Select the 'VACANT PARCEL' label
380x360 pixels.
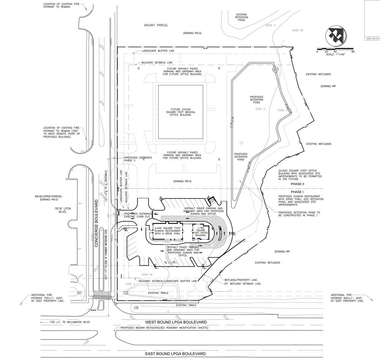pos(156,25)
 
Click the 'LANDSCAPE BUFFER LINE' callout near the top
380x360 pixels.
pos(158,51)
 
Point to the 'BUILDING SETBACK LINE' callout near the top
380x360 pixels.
pos(157,62)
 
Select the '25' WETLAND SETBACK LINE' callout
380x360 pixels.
pos(242,284)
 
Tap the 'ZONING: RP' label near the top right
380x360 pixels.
pos(328,86)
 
